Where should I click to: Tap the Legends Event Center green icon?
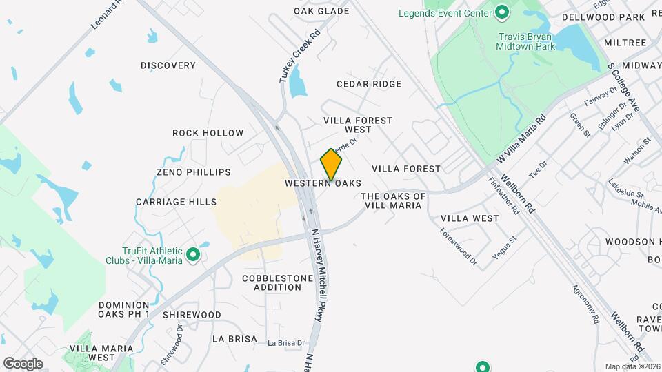[502, 12]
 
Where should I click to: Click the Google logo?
[23, 363]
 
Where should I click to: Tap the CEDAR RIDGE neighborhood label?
[368, 84]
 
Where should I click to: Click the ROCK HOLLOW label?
[208, 133]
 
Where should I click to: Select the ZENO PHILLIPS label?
[193, 172]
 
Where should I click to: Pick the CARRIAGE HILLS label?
[176, 202]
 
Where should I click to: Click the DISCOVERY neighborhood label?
[168, 65]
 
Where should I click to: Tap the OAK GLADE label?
[321, 11]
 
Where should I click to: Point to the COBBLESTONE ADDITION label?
[274, 282]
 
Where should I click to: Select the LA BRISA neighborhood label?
[234, 339]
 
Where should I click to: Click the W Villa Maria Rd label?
[521, 138]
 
